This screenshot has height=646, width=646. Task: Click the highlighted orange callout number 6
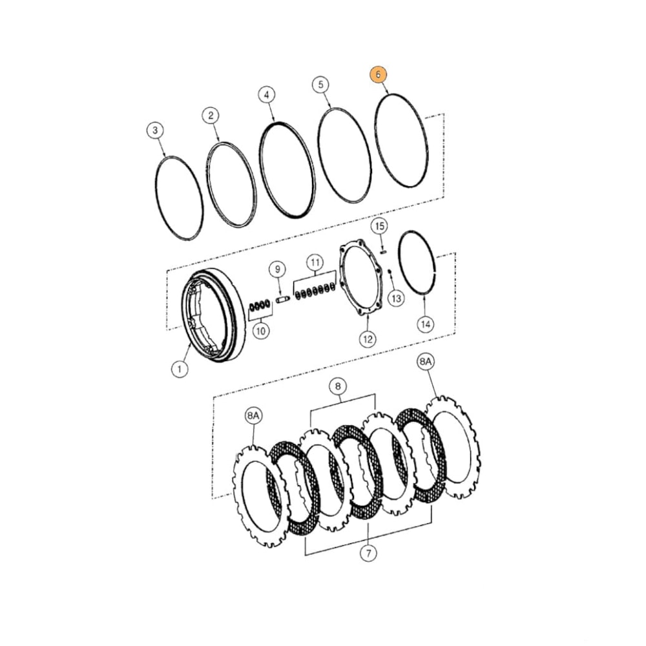[377, 74]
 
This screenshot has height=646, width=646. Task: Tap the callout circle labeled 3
[154, 131]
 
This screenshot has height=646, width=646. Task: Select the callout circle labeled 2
[211, 116]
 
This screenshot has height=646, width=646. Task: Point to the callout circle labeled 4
[266, 95]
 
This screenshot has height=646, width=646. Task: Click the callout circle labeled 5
[320, 85]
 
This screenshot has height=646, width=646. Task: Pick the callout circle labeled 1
[179, 369]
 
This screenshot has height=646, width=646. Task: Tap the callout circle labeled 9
[276, 268]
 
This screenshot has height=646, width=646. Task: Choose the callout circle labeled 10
[260, 331]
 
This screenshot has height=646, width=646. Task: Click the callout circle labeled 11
[315, 262]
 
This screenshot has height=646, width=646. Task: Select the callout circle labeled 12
[367, 338]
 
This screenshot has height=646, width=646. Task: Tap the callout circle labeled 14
[424, 324]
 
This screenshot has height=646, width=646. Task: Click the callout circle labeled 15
[380, 226]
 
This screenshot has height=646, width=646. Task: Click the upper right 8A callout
[425, 363]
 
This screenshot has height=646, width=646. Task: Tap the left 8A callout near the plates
[253, 417]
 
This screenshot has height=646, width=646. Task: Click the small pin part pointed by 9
[281, 300]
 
